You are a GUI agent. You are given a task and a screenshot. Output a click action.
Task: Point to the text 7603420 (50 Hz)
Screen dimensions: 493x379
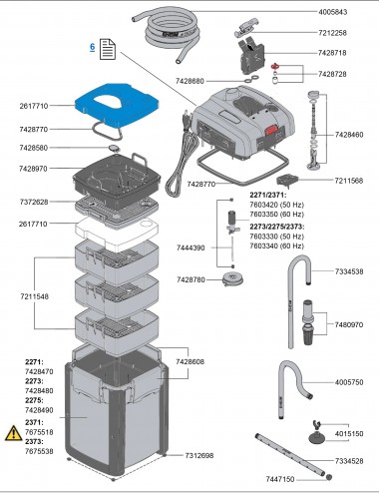277,204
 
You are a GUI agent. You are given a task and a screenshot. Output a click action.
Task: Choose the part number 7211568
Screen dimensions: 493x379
350,181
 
